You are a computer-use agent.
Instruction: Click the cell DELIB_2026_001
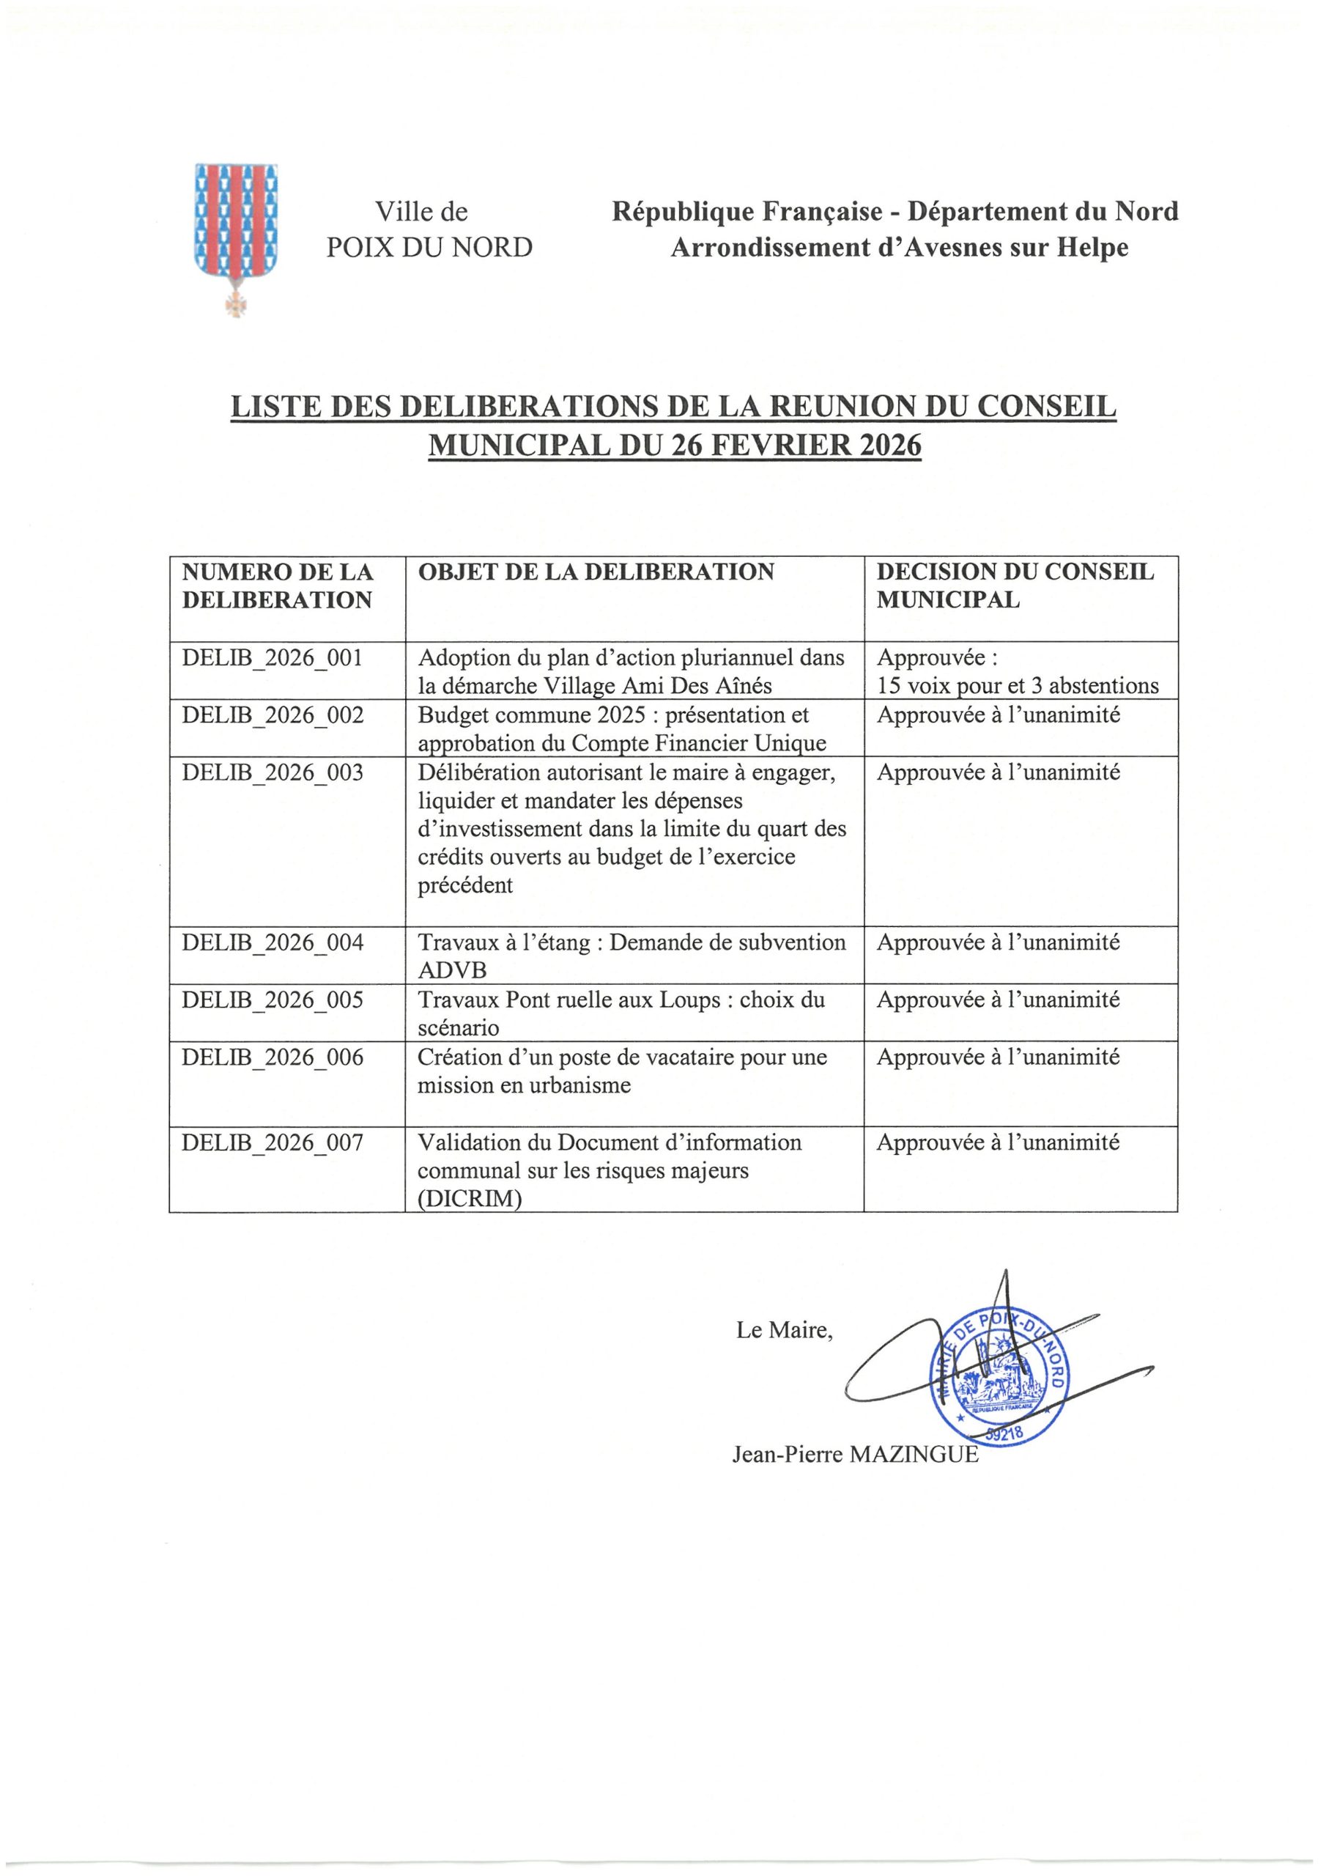coord(272,658)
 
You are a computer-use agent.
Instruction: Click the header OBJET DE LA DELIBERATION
coord(596,572)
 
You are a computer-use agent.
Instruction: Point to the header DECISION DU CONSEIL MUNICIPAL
coord(1015,586)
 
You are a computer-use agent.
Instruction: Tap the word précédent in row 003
coord(465,885)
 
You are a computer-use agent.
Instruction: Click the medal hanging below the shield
coord(236,301)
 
